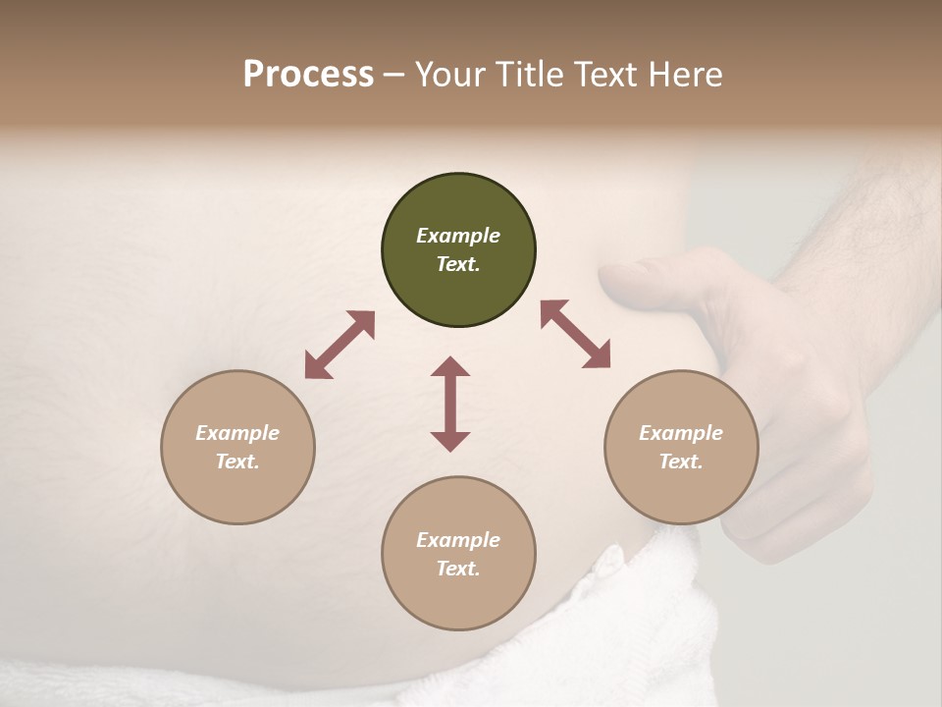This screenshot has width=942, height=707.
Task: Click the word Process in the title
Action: click(x=308, y=75)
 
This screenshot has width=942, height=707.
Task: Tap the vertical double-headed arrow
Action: click(x=450, y=404)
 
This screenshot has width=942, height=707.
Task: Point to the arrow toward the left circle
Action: click(x=340, y=345)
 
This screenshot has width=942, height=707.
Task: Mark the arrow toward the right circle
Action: click(x=575, y=334)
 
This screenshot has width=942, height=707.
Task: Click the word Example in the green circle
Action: click(x=458, y=236)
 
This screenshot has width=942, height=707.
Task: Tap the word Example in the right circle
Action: click(x=681, y=433)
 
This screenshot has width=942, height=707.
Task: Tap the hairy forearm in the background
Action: click(x=863, y=226)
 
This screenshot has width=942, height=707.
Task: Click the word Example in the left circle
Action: click(x=237, y=433)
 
